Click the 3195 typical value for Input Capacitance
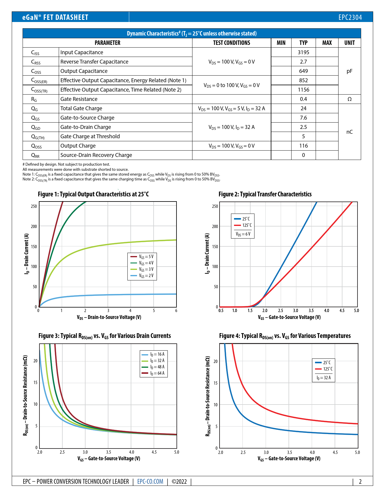(303, 52)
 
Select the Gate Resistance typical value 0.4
(303, 99)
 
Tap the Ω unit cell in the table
(349, 99)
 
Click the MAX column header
(327, 43)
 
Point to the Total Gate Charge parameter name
(81, 108)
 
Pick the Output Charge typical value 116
(303, 146)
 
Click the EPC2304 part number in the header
(350, 17)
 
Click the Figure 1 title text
(93, 194)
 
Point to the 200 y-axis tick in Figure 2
(215, 227)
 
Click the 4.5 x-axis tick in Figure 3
(154, 452)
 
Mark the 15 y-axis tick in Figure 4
(215, 383)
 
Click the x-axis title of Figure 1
(109, 317)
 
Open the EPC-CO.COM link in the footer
(150, 482)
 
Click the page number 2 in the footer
(360, 482)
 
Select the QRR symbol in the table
(35, 155)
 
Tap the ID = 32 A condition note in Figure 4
(324, 378)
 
